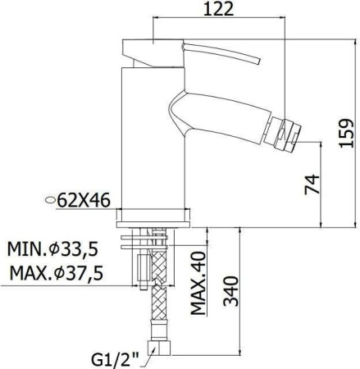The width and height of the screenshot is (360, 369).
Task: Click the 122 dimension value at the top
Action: (x=219, y=10)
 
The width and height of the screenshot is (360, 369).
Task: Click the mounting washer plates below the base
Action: (x=156, y=239)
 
